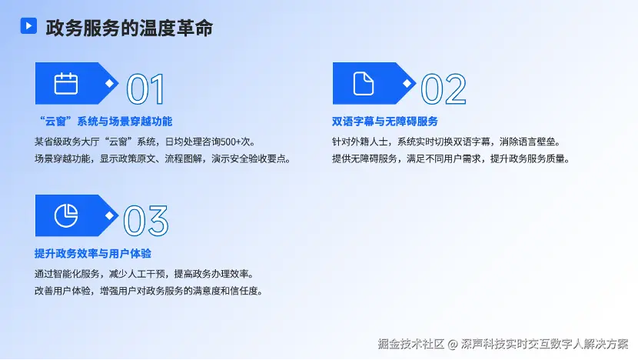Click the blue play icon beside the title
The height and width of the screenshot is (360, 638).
(28, 25)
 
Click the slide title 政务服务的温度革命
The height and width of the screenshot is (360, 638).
(129, 28)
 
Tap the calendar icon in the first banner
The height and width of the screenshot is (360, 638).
(66, 84)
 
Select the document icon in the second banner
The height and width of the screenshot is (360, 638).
(364, 84)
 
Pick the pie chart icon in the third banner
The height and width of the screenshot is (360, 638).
(66, 215)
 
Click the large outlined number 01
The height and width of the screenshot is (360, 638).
(146, 89)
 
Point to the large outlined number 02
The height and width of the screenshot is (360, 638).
(444, 89)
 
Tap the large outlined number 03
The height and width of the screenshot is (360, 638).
(146, 221)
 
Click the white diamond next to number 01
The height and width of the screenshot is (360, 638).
(109, 84)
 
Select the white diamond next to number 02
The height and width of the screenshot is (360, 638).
(407, 84)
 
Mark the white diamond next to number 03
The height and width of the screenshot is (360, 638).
(109, 215)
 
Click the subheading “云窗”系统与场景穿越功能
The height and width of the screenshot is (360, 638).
(105, 122)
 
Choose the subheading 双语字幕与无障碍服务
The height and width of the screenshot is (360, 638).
(385, 122)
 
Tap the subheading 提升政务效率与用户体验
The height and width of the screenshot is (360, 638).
(93, 253)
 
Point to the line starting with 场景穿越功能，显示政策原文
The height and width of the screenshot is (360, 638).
(163, 158)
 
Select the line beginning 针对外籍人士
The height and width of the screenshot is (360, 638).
(447, 142)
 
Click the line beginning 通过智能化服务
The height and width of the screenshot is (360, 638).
(144, 274)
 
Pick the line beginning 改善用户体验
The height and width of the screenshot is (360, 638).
(149, 291)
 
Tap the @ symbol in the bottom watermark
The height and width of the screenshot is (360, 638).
(453, 345)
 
